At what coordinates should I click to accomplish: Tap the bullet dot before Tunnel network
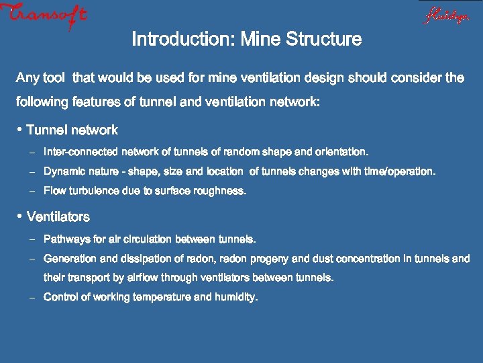pos(20,129)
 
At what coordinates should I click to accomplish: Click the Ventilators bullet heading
pos(58,217)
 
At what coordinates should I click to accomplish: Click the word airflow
pos(166,277)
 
